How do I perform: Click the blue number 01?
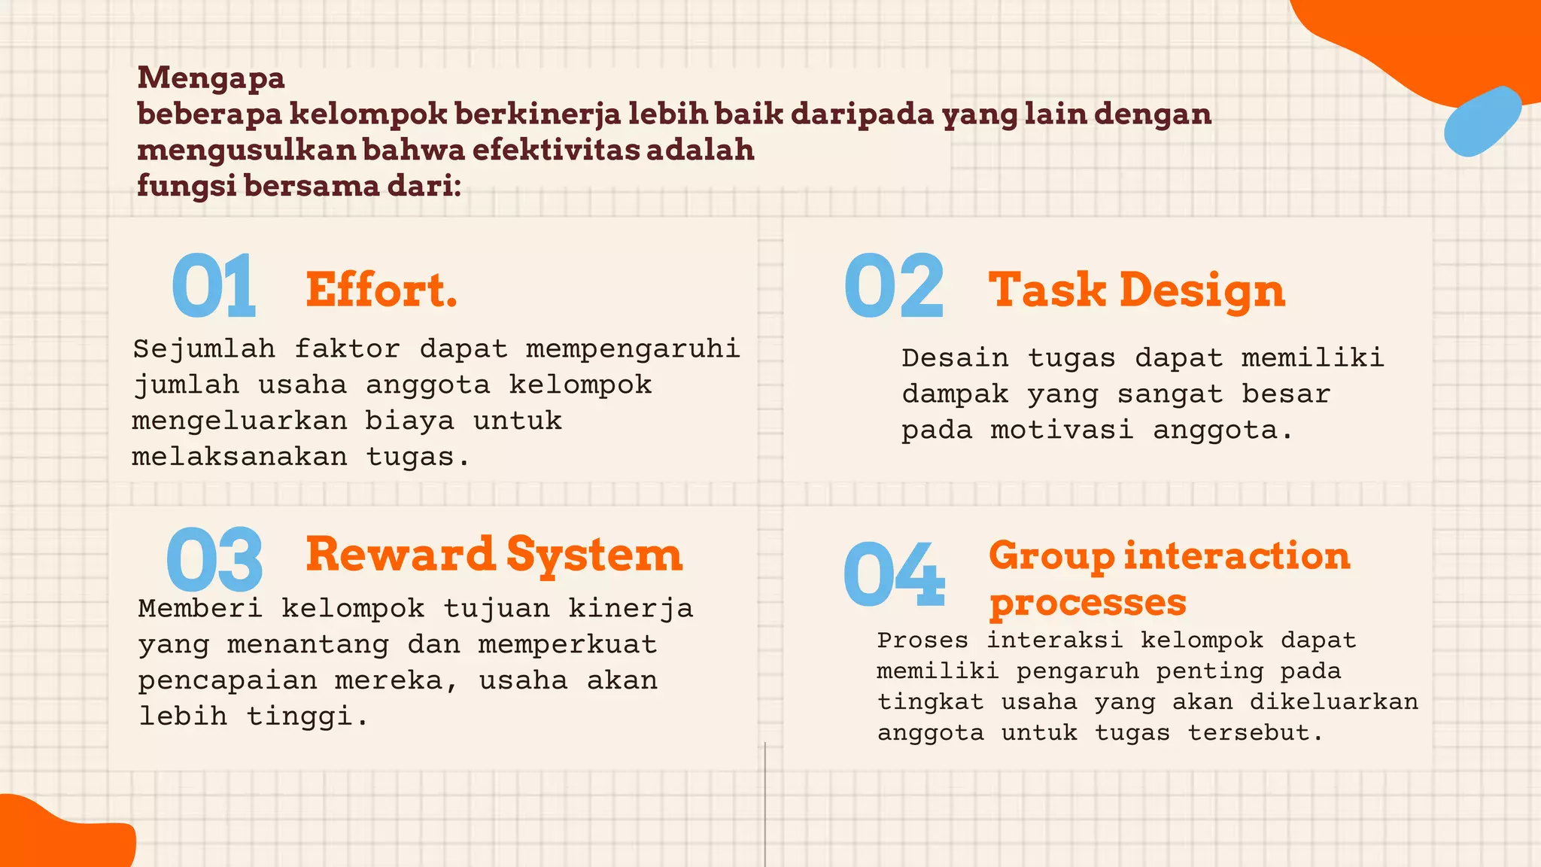(x=214, y=286)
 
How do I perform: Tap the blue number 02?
(x=894, y=286)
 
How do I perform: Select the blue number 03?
(x=214, y=558)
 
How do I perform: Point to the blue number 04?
(x=894, y=574)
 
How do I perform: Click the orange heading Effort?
(x=381, y=290)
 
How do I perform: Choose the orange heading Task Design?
(x=1136, y=291)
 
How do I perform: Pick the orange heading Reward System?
(x=494, y=555)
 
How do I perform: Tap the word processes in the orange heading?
(x=1087, y=603)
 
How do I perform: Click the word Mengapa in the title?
(x=211, y=78)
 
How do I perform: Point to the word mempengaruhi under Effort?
(x=633, y=349)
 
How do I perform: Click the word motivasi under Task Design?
(x=1061, y=430)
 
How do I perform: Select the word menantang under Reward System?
(x=308, y=645)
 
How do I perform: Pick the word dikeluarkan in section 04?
(x=1333, y=702)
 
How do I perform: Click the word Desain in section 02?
(x=955, y=358)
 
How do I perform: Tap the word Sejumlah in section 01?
(x=204, y=349)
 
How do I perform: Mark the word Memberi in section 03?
(x=200, y=608)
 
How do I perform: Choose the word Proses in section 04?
(x=922, y=640)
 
